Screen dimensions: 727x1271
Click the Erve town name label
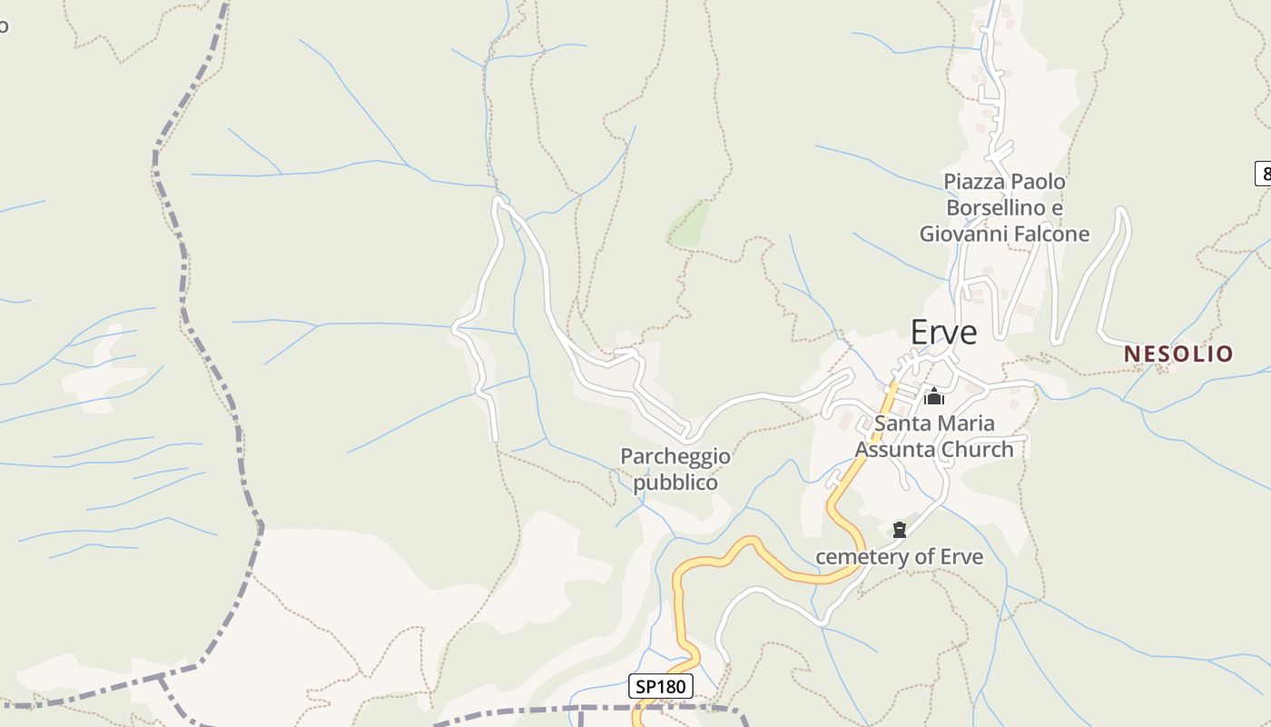(943, 333)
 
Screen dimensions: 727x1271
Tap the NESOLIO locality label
(1178, 354)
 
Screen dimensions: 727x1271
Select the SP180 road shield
(661, 686)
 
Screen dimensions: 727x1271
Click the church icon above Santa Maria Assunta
(933, 396)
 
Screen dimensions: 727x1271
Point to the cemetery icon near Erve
(900, 530)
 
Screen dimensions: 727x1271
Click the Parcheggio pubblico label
(675, 469)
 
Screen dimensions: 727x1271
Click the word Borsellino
(991, 208)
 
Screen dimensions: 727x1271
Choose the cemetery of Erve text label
(899, 556)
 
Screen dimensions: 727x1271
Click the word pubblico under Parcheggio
(675, 483)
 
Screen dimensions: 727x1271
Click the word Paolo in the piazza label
(1039, 182)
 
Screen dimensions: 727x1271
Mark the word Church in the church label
(977, 449)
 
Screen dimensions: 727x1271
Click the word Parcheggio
(675, 456)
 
